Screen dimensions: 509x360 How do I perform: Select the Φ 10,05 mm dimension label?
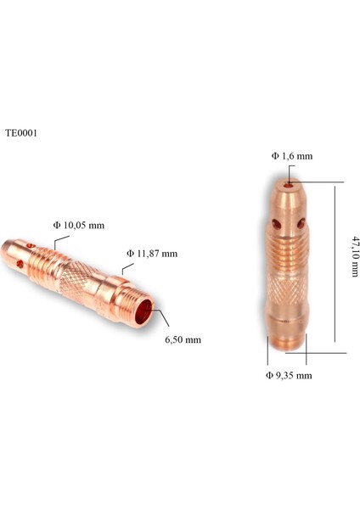click(78, 225)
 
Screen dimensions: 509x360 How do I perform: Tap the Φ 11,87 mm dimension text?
click(152, 253)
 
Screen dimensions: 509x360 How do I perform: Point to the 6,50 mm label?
click(183, 339)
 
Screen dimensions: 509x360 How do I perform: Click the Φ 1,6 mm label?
click(292, 156)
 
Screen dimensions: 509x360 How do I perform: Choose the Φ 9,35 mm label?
click(289, 374)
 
